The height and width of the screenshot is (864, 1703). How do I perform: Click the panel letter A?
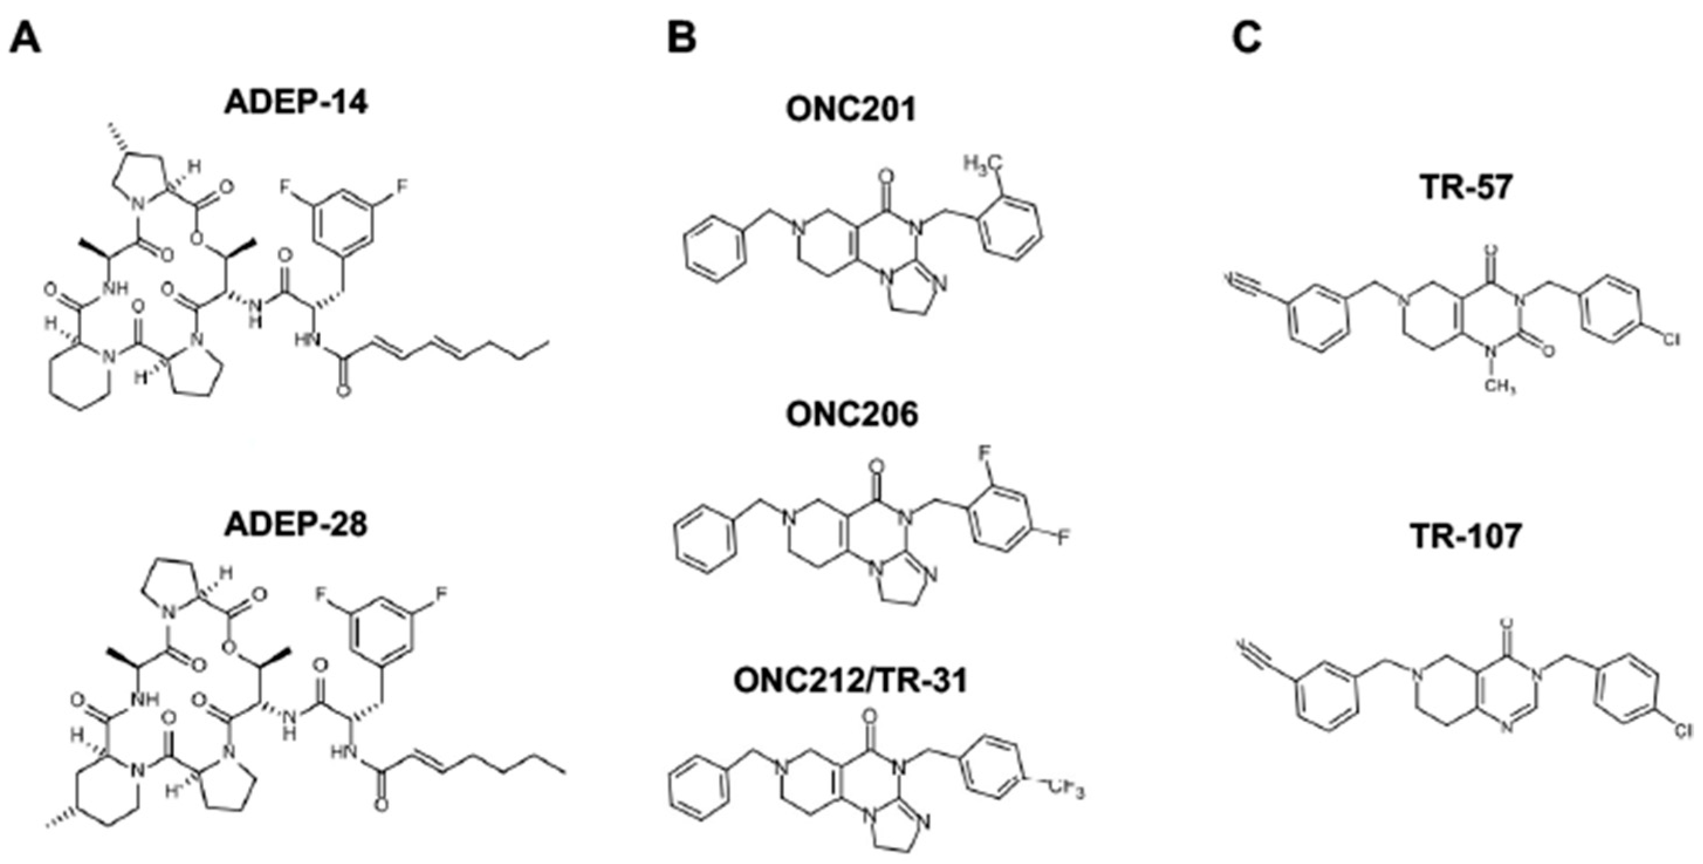pos(25,39)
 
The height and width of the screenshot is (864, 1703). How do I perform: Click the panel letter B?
pos(682,39)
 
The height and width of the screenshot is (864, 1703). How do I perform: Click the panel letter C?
pos(1247,39)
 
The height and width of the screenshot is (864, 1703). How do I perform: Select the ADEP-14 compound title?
pos(296,104)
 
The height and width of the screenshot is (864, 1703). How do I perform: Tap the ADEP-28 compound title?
pos(296,525)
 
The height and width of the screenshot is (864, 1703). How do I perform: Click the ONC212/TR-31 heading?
pos(851,681)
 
